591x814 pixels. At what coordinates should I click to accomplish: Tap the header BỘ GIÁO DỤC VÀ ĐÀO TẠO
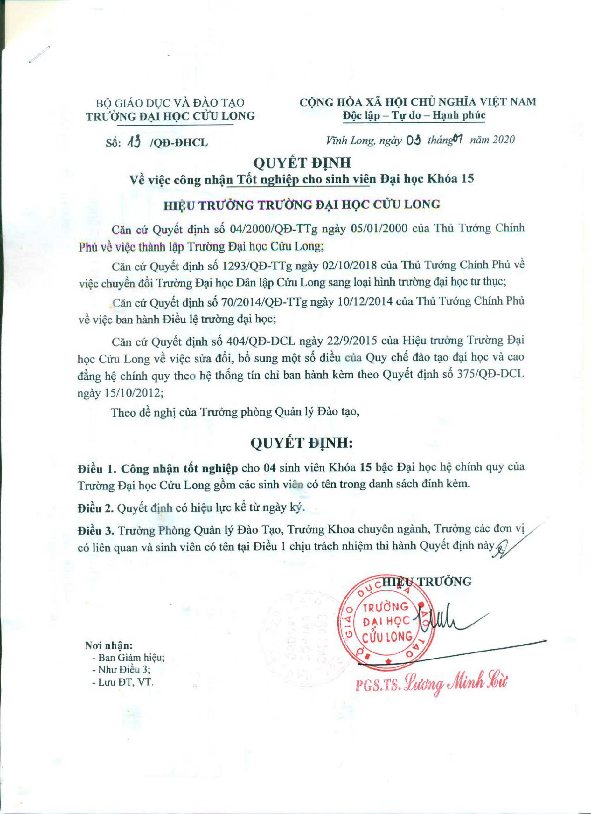tap(170, 103)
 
